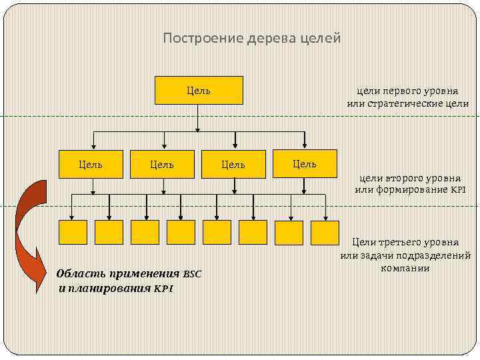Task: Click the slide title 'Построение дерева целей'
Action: (252, 39)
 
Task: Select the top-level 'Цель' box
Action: (199, 91)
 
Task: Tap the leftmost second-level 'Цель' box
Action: (91, 164)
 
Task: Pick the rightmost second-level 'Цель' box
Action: (305, 163)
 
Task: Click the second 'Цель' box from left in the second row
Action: (161, 164)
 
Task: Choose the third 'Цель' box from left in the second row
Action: (233, 164)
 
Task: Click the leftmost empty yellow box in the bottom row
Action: (73, 232)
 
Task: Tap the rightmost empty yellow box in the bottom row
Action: (325, 232)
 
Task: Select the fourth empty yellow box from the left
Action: (181, 232)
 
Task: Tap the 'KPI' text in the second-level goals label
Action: (457, 191)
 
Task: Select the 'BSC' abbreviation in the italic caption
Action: (192, 274)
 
